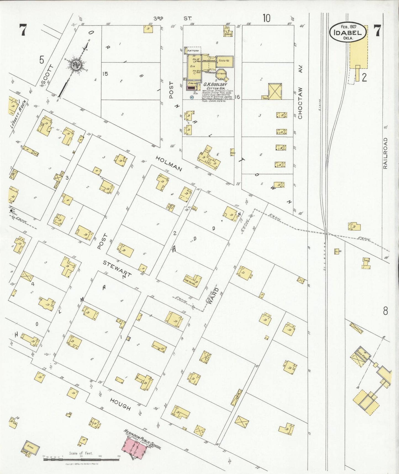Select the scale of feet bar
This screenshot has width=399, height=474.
81,459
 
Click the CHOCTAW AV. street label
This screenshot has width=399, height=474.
300,92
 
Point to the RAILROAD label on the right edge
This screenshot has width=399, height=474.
385,153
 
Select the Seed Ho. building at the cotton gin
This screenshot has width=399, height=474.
225,61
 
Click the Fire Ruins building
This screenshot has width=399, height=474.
193,281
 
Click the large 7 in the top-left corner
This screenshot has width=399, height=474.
22,30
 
